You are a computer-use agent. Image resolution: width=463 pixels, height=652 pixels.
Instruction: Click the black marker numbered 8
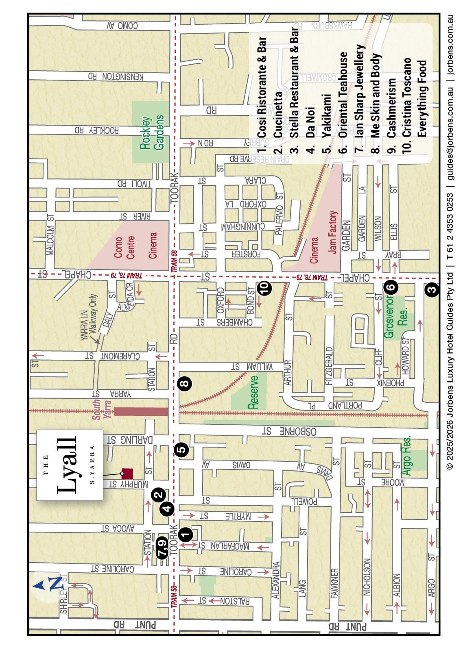coord(185,383)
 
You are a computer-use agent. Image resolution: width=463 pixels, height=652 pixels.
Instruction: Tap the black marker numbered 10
coord(264,288)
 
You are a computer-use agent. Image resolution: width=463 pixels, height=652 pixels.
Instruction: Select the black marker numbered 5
coord(181,449)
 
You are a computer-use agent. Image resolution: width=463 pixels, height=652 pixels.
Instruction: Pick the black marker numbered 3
coord(432,290)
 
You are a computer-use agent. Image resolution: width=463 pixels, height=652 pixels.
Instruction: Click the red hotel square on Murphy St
coord(128,473)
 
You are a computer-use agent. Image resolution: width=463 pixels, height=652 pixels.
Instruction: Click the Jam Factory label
coord(333,233)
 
